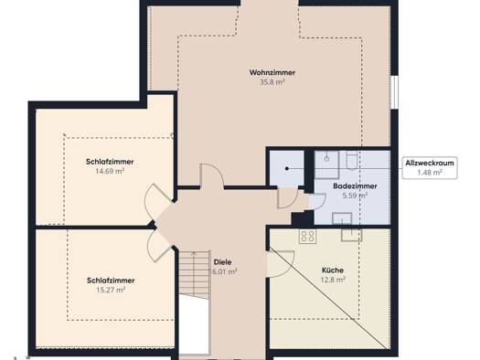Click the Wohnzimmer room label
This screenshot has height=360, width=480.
pyautogui.click(x=272, y=72)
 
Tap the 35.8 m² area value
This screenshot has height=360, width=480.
pyautogui.click(x=272, y=82)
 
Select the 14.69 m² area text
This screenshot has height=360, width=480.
pyautogui.click(x=110, y=171)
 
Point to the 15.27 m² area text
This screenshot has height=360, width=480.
pyautogui.click(x=111, y=290)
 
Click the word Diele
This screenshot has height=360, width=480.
pyautogui.click(x=222, y=262)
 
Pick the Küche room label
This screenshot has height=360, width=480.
pyautogui.click(x=333, y=270)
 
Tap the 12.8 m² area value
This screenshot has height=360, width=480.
pyautogui.click(x=333, y=280)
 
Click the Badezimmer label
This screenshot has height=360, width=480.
pyautogui.click(x=355, y=186)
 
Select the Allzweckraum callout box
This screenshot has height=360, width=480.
pyautogui.click(x=430, y=167)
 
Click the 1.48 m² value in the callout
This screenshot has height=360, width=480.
pyautogui.click(x=430, y=173)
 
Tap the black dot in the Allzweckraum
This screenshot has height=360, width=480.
pyautogui.click(x=287, y=168)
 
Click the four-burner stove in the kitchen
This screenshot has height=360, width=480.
pyautogui.click(x=307, y=236)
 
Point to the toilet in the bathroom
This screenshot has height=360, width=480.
pyautogui.click(x=352, y=160)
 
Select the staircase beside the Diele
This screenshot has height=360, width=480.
pyautogui.click(x=195, y=272)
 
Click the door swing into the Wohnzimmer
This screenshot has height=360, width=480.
pyautogui.click(x=212, y=175)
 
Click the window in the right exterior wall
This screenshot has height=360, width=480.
pyautogui.click(x=395, y=92)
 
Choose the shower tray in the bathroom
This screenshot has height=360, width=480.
pyautogui.click(x=327, y=164)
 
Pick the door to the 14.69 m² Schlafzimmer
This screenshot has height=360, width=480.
pyautogui.click(x=157, y=202)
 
